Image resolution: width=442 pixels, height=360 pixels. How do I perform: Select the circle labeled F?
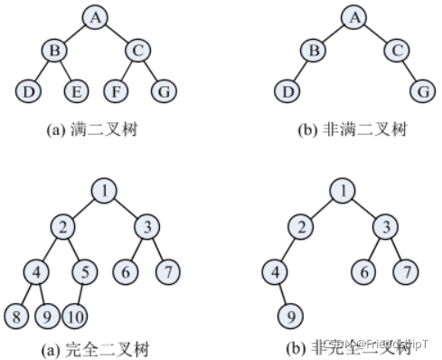point(116,90)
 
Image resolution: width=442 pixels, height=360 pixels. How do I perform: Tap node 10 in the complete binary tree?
point(76,316)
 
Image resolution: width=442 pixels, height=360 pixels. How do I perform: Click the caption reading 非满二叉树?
point(352,129)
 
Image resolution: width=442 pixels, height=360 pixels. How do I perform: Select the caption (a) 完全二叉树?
point(97,349)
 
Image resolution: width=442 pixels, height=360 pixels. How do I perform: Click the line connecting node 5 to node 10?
point(79,293)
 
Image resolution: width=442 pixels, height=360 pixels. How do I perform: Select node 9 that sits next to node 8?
point(48,316)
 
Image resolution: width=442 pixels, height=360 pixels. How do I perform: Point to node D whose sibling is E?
point(24,90)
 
